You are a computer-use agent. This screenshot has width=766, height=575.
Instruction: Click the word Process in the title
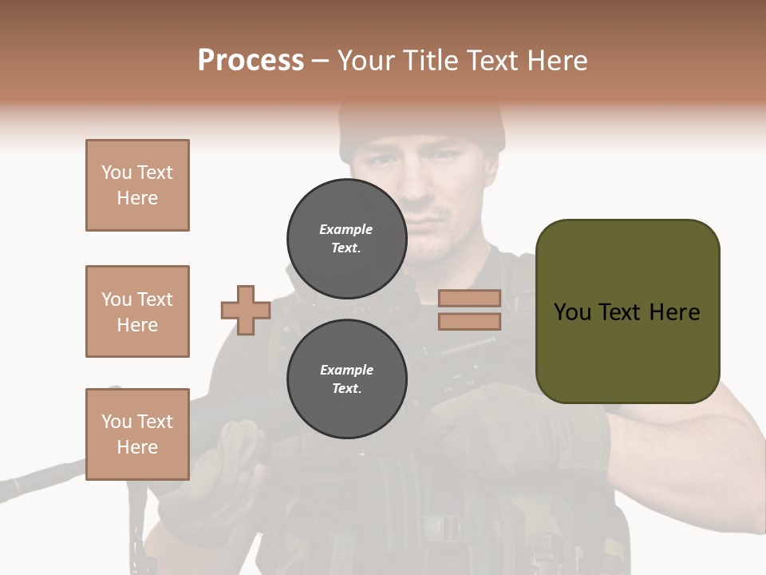pyautogui.click(x=251, y=61)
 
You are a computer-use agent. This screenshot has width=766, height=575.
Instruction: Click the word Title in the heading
pyautogui.click(x=429, y=61)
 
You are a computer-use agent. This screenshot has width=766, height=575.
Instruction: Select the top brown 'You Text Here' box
pyautogui.click(x=137, y=185)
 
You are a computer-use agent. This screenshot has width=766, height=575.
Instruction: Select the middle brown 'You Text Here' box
pyautogui.click(x=137, y=311)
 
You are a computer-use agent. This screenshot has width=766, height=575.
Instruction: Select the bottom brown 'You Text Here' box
pyautogui.click(x=137, y=434)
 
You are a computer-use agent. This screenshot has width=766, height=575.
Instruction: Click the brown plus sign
pyautogui.click(x=246, y=310)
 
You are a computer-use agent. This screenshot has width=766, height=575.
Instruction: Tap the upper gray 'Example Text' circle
pyautogui.click(x=346, y=239)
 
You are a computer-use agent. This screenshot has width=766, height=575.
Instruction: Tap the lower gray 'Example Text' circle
pyautogui.click(x=346, y=379)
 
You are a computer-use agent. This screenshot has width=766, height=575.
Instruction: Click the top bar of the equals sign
pyautogui.click(x=469, y=299)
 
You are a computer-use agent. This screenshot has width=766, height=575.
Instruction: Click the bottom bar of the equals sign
pyautogui.click(x=469, y=321)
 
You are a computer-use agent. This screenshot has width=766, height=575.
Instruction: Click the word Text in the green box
pyautogui.click(x=626, y=312)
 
